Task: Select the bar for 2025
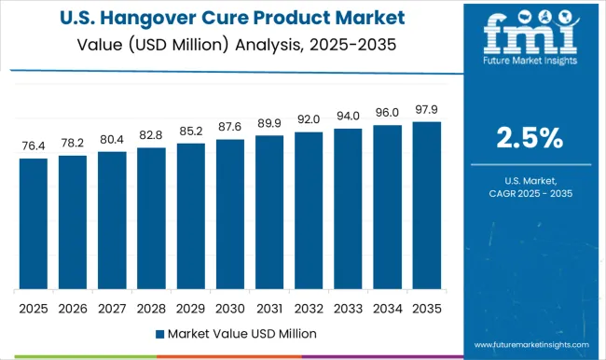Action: coord(33,223)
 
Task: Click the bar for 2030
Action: coord(230,214)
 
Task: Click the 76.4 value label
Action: coord(33,147)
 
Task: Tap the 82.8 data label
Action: coord(151,136)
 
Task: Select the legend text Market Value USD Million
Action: coord(239,333)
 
